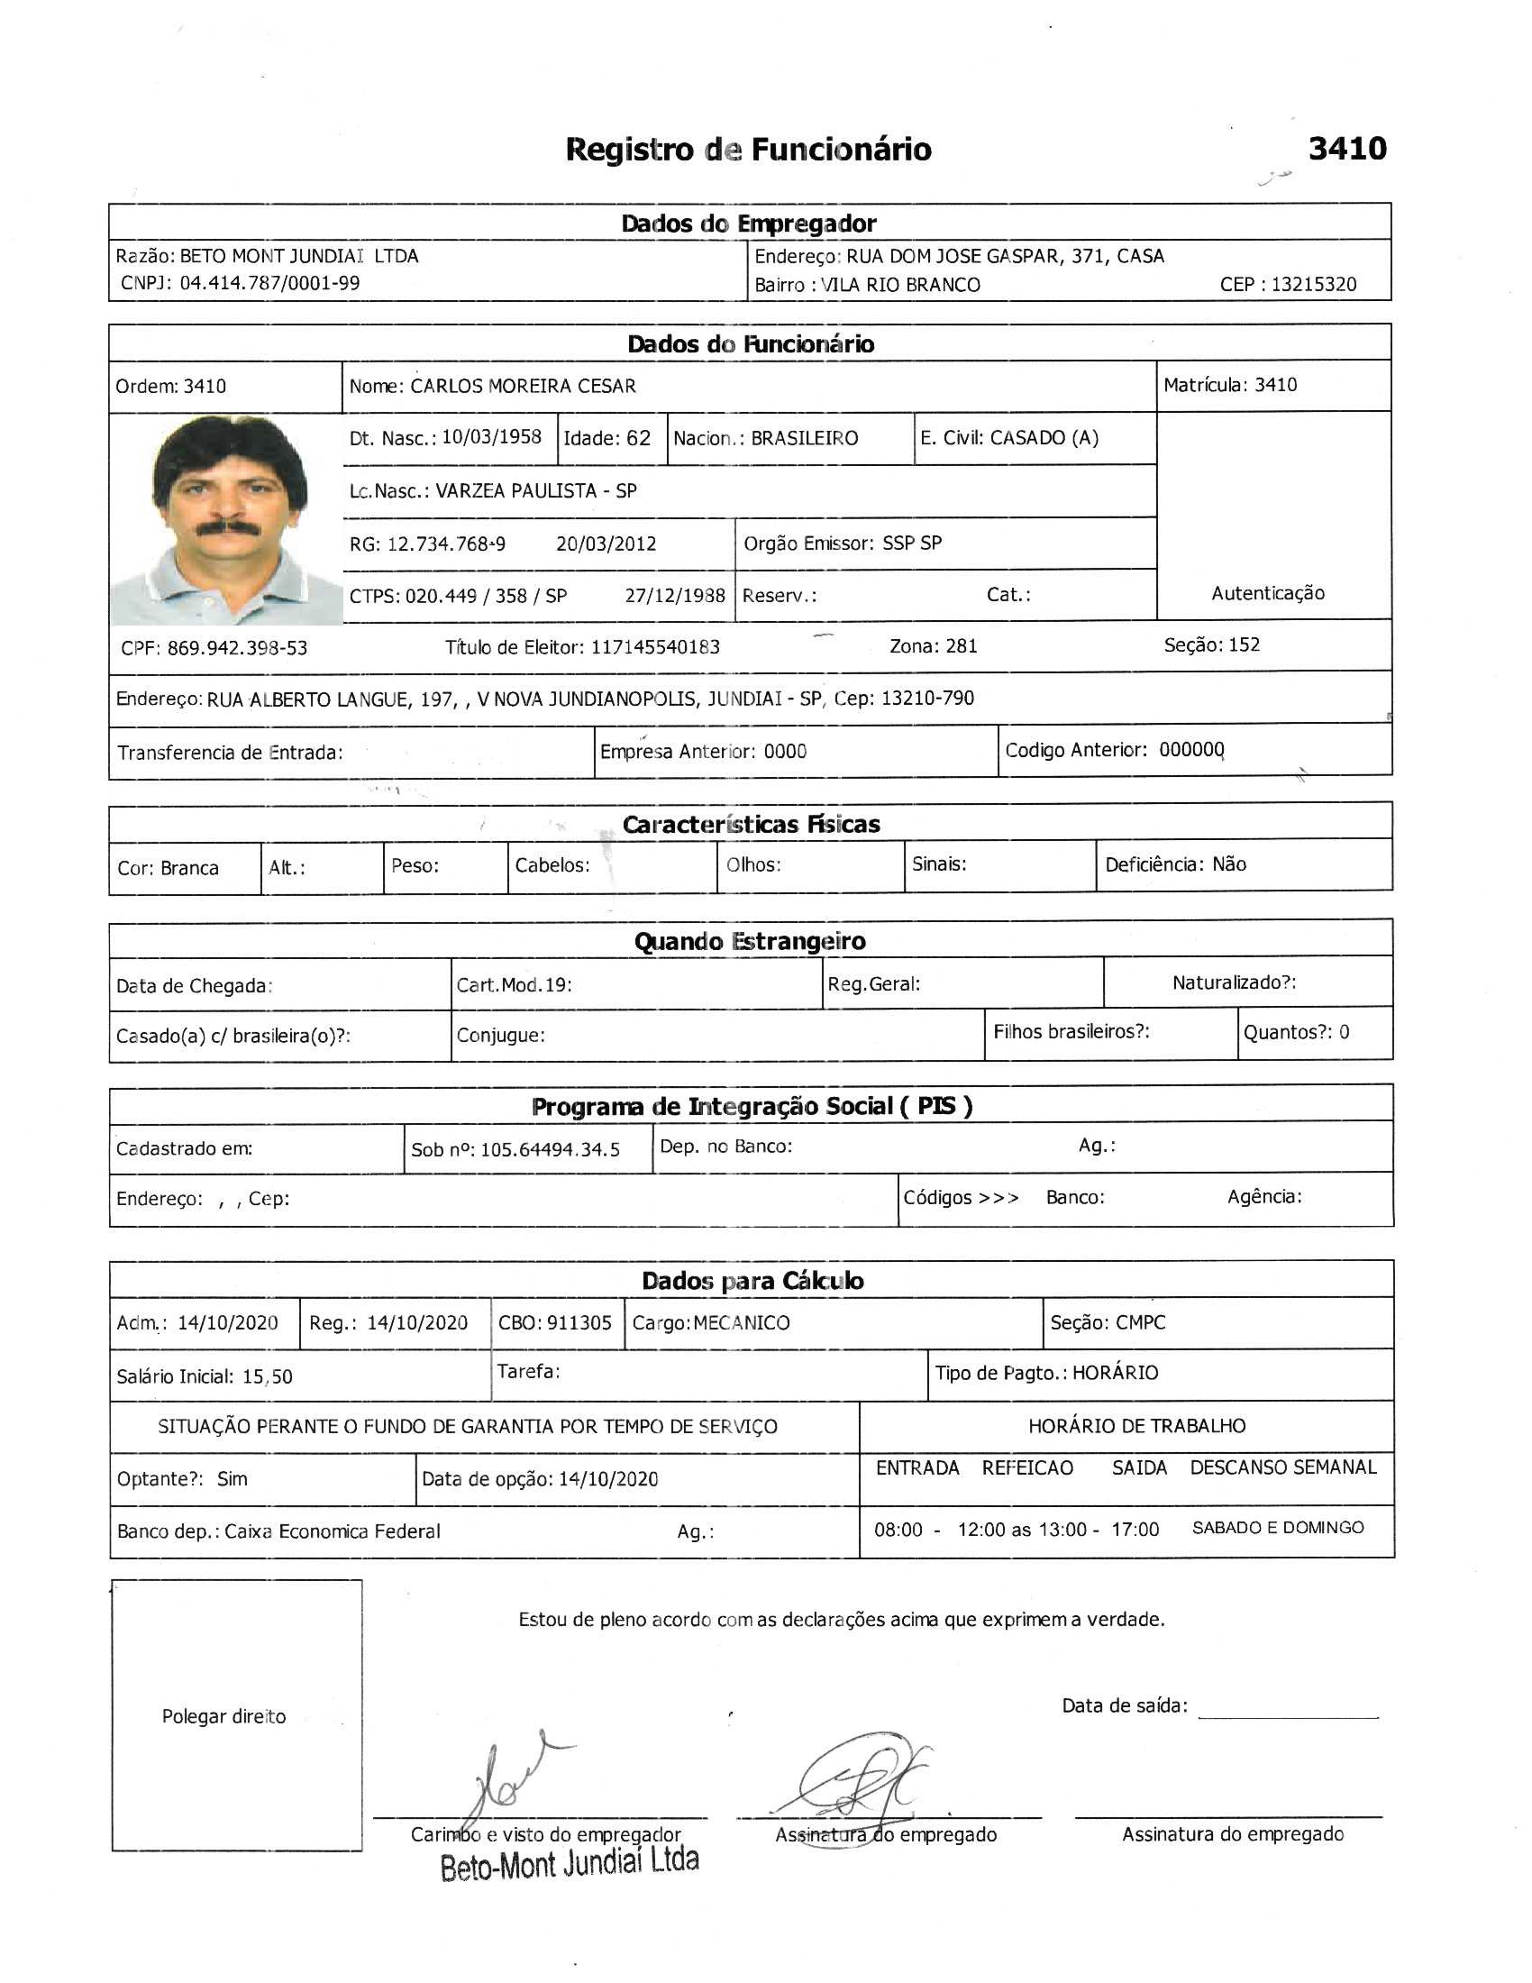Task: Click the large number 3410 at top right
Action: tap(1347, 149)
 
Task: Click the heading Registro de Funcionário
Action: tap(748, 150)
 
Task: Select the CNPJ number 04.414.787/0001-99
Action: tap(269, 283)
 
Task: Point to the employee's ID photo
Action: tap(226, 518)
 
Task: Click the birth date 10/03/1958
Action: tap(491, 437)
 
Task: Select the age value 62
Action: tap(638, 438)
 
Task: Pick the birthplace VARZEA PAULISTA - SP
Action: tap(535, 491)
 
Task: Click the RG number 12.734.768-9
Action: tap(445, 544)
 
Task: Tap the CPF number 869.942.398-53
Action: tap(237, 648)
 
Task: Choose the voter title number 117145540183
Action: tap(655, 647)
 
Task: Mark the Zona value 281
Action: tap(962, 646)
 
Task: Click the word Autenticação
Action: tap(1267, 594)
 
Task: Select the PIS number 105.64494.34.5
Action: tap(550, 1150)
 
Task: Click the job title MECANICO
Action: tap(742, 1323)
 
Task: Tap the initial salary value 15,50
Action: tap(267, 1376)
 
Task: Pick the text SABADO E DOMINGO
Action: tap(1277, 1528)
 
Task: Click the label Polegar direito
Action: tap(223, 1716)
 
